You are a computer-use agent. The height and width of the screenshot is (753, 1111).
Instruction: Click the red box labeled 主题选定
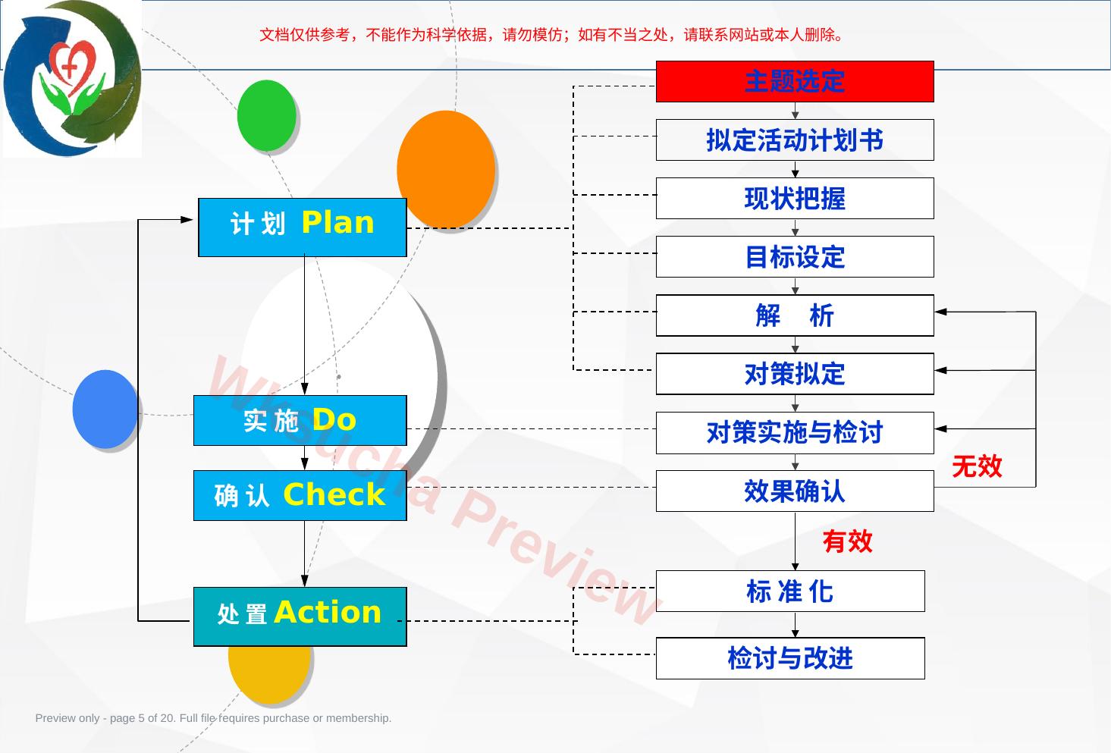[795, 81]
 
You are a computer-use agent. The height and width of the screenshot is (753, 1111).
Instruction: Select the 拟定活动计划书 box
[795, 140]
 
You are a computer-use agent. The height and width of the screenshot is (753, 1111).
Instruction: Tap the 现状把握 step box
[795, 199]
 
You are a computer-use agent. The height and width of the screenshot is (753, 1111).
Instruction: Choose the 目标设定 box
[795, 257]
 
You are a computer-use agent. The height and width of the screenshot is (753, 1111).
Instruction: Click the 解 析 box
[795, 315]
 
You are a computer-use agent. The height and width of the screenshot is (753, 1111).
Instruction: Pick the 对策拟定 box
[795, 374]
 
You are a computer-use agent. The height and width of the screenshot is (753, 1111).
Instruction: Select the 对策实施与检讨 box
[795, 432]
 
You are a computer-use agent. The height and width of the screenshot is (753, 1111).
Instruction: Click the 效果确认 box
[795, 491]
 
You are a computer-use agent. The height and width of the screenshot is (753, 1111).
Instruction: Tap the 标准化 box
[790, 591]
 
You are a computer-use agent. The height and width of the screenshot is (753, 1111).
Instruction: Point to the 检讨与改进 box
[790, 658]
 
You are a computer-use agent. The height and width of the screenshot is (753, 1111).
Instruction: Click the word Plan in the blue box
[337, 223]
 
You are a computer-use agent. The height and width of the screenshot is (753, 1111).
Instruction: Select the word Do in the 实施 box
[334, 419]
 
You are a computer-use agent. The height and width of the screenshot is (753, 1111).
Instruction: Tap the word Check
[334, 494]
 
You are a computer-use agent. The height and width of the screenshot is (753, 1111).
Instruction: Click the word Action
[328, 612]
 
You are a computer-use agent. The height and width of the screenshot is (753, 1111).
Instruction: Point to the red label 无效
[977, 466]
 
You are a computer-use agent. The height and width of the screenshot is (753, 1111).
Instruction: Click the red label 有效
[848, 541]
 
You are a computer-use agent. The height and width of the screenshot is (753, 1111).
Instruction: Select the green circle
[267, 115]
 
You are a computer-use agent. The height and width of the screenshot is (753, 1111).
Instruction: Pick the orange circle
[446, 169]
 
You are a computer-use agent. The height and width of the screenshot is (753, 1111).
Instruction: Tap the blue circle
[105, 409]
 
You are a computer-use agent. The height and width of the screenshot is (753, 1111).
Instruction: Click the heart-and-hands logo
[72, 78]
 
